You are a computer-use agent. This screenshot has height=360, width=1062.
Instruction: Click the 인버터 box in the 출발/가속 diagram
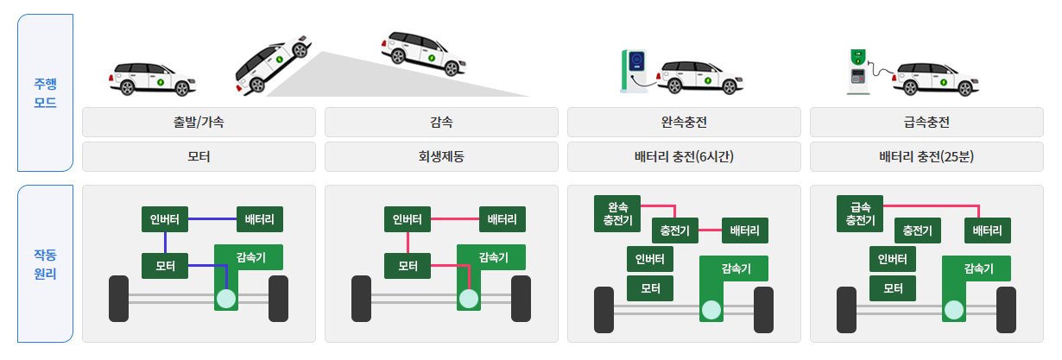[x=164, y=219]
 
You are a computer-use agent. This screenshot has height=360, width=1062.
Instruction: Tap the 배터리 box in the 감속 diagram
[x=503, y=219]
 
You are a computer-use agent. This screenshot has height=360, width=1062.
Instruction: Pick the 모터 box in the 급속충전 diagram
[x=893, y=287]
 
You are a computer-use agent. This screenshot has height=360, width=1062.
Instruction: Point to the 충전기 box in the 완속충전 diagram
[x=674, y=231]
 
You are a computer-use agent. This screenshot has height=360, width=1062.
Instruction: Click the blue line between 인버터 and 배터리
[x=212, y=219]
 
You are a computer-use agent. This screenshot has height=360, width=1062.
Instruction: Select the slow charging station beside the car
[x=635, y=69]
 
